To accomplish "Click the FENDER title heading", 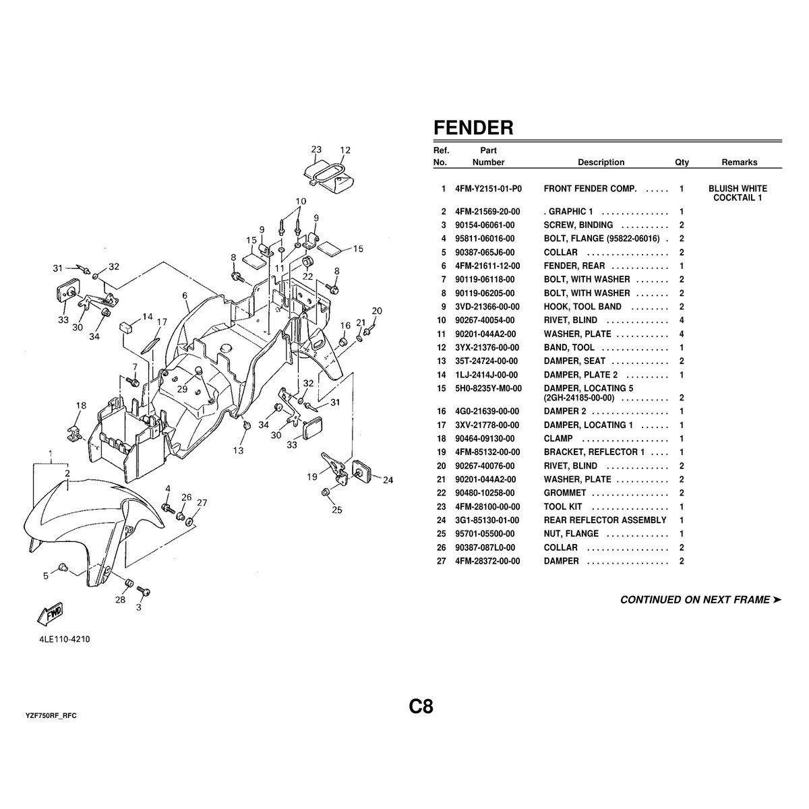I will tap(473, 128).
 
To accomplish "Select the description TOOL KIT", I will tap(563, 506).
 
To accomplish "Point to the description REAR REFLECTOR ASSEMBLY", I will tap(605, 520).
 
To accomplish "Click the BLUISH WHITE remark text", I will tap(738, 189).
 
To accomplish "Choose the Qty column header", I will tap(682, 162).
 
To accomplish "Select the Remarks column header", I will tap(739, 162).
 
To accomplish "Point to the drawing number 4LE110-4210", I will tap(64, 639).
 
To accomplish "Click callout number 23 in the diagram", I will tap(316, 150).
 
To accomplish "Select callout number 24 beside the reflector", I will tap(388, 481).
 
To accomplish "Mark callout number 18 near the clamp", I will tap(81, 406).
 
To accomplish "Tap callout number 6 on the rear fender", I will tap(184, 295).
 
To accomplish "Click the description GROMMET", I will tap(565, 493).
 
